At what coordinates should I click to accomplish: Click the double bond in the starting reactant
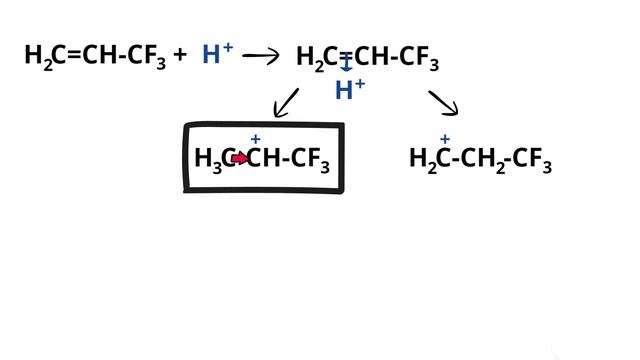pos(74,55)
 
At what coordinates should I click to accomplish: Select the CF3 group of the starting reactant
pos(147,57)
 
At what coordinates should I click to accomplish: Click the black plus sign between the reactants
pos(180,55)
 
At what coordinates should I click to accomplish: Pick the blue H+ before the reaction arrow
pos(218,53)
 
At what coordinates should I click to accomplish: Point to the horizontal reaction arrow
pos(260,56)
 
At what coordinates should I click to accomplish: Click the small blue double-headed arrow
pos(346,64)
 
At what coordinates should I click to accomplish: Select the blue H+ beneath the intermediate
pos(350,89)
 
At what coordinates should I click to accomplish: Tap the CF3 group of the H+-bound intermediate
pos(419,58)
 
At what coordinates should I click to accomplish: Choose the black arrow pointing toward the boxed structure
pos(286,103)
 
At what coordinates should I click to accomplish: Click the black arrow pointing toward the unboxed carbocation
pos(444,103)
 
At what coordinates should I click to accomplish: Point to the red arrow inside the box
pos(240,158)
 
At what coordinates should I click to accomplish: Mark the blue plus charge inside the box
pos(256,140)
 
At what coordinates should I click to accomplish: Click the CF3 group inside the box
pos(310,160)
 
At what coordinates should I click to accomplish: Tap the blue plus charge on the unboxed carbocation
pos(445,140)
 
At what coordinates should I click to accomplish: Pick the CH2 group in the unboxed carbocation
pos(483,160)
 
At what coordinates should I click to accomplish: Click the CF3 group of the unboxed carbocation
pos(532,160)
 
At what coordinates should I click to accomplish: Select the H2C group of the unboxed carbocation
pos(429,160)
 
